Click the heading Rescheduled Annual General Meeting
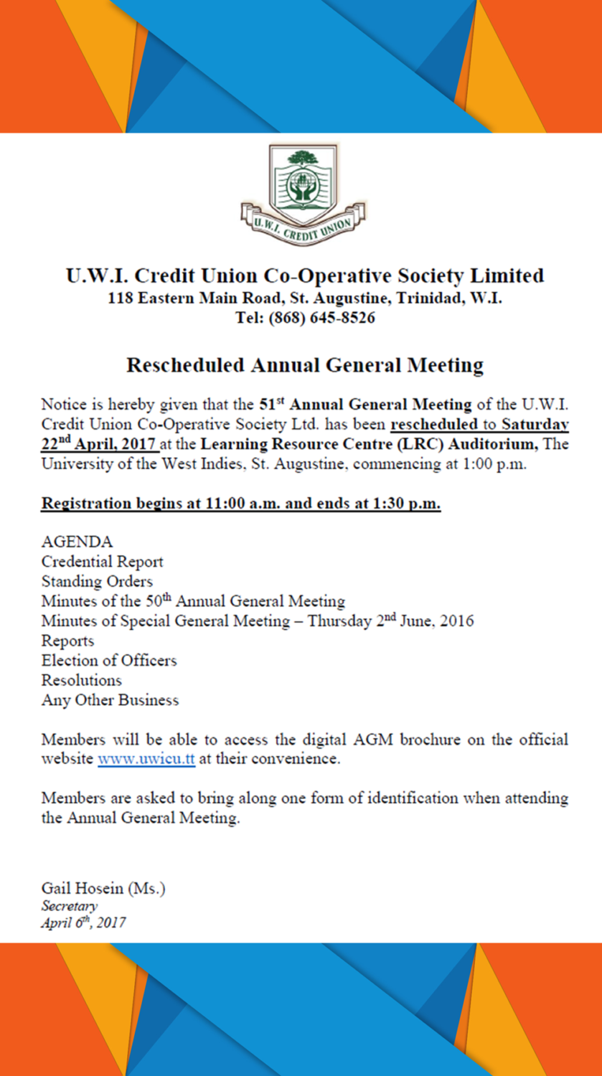click(305, 365)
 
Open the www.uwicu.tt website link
click(146, 759)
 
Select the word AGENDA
click(77, 542)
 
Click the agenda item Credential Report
click(103, 562)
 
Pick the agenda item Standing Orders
click(97, 581)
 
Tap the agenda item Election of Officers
click(109, 660)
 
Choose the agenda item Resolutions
click(82, 680)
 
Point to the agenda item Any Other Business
click(110, 699)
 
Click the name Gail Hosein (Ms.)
click(103, 889)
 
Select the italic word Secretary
click(70, 906)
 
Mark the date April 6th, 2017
click(83, 922)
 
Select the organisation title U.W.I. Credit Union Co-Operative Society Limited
click(305, 276)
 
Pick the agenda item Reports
click(67, 641)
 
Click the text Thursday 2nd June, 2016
click(391, 620)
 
